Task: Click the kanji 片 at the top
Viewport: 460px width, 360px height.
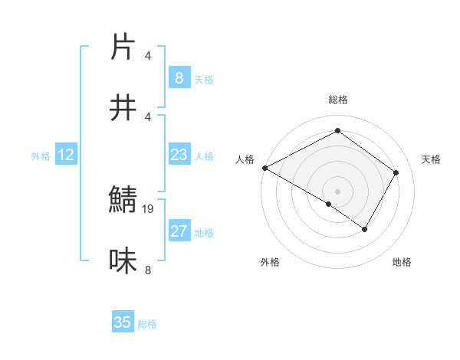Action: tap(123, 47)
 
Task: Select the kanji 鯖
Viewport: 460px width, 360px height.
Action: tap(123, 201)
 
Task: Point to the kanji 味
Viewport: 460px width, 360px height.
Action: tap(123, 260)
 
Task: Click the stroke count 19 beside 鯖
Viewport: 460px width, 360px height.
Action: tap(149, 208)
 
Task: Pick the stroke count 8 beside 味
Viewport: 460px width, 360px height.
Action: tap(148, 270)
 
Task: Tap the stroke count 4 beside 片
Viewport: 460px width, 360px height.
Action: tap(148, 56)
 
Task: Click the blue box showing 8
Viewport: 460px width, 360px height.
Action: tap(179, 77)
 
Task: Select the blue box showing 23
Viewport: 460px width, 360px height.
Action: tap(179, 155)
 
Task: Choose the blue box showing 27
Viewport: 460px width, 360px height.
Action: tap(179, 231)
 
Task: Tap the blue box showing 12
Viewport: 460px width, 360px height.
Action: tap(66, 155)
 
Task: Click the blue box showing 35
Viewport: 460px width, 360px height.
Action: tap(123, 322)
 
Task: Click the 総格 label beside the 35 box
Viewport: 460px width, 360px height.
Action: tap(147, 324)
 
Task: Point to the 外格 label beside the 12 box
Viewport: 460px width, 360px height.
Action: tap(41, 156)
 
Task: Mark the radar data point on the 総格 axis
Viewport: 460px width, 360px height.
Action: tap(337, 130)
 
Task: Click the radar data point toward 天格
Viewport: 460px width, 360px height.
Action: tap(396, 172)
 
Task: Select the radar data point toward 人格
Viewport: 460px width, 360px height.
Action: tap(264, 168)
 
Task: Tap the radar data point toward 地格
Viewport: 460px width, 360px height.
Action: tap(365, 229)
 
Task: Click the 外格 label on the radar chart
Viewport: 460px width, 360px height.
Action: tap(270, 262)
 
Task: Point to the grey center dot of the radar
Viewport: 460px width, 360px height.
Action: tap(337, 191)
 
